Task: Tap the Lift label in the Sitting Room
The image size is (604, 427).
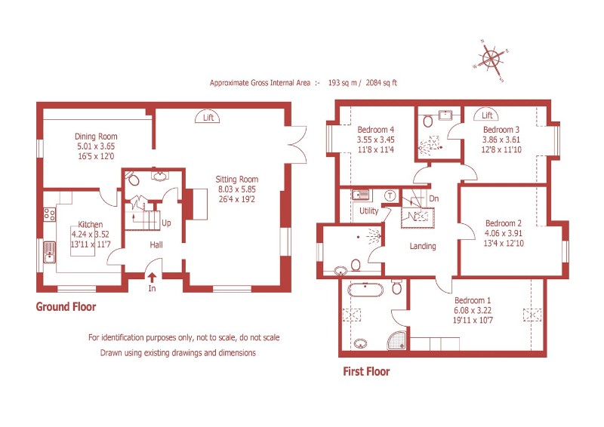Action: [208, 117]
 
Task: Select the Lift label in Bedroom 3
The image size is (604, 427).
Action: [488, 115]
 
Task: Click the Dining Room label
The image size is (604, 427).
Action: [96, 137]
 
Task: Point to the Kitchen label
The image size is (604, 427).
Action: [90, 224]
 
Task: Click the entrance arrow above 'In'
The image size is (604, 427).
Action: [152, 278]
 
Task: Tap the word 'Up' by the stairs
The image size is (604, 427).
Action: [166, 223]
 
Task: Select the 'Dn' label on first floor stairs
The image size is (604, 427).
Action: [433, 199]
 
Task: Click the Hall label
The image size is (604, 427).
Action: [156, 245]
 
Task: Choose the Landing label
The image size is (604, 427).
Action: [423, 246]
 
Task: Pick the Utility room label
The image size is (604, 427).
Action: [369, 210]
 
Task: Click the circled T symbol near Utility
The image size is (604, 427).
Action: [390, 195]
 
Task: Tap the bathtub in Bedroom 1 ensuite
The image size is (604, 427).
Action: [365, 288]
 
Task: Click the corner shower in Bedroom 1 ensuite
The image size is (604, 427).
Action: [397, 340]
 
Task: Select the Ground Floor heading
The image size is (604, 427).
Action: [66, 307]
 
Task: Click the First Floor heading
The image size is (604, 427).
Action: [365, 371]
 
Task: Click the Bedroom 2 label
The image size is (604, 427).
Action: [504, 223]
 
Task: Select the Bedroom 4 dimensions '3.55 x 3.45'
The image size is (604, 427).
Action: [375, 140]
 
